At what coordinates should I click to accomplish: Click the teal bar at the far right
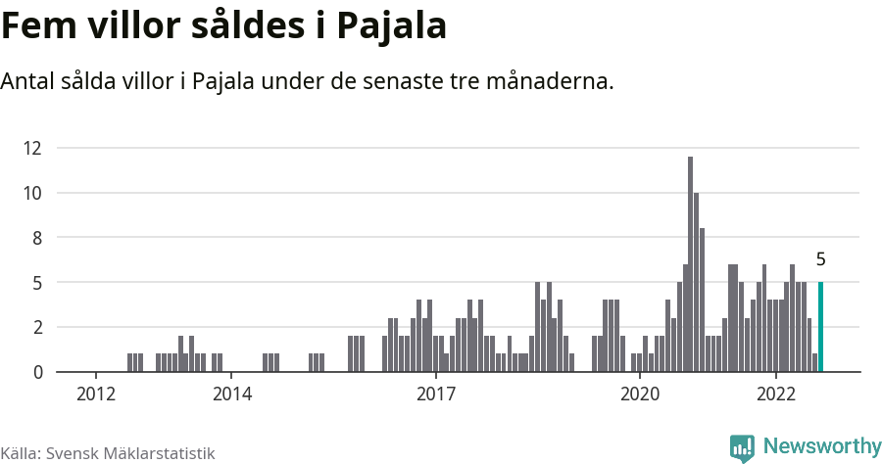(820, 327)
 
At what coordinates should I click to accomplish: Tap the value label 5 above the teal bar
(820, 260)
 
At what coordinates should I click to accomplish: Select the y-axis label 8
(37, 238)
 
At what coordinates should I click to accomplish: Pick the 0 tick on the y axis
(37, 372)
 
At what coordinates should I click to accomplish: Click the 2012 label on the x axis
(95, 394)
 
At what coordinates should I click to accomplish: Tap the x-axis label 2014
(230, 394)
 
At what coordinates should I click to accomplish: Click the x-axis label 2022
(775, 394)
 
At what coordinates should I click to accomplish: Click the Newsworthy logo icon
(742, 447)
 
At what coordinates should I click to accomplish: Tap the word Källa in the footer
(20, 453)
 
